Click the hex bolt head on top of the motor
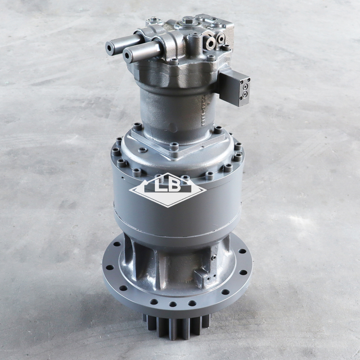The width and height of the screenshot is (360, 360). point(188,21)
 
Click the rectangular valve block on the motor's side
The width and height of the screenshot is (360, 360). point(236,88)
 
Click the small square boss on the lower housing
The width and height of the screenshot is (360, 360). point(202,276)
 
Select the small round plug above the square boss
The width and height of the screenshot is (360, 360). point(213,258)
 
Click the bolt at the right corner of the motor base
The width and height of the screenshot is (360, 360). point(218,129)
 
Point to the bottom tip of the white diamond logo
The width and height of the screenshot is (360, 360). point(167,206)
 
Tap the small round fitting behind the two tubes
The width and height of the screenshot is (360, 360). point(152,22)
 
